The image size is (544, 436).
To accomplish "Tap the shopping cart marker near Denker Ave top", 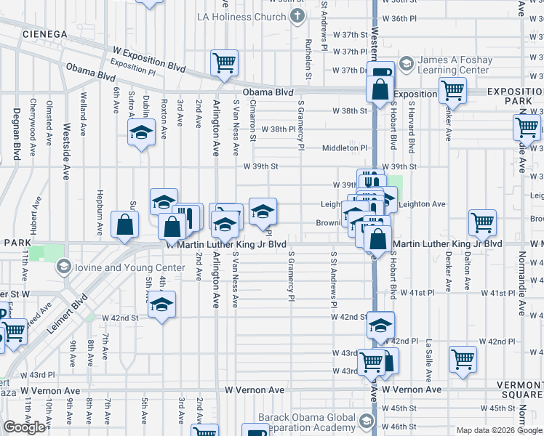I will click(452, 91).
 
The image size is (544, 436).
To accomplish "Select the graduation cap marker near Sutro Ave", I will click(141, 132).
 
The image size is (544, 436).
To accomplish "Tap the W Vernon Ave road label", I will click(254, 390).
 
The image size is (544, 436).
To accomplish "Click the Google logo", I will click(24, 427).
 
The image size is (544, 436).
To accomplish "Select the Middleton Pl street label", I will click(345, 148).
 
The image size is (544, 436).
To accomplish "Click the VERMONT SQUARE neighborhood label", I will click(519, 389).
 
